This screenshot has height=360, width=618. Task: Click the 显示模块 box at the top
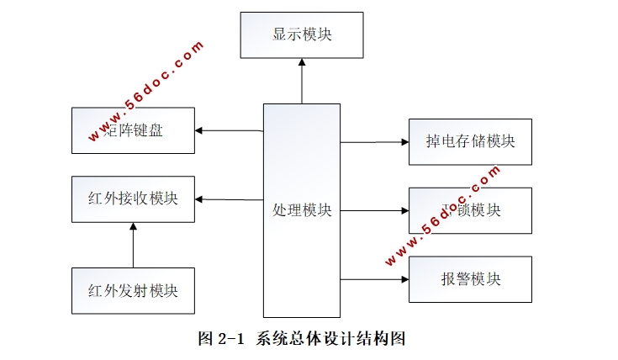click(x=302, y=35)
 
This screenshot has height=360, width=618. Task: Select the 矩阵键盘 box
click(x=133, y=130)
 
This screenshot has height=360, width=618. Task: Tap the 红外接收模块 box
click(x=133, y=199)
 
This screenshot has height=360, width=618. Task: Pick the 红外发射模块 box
click(x=133, y=291)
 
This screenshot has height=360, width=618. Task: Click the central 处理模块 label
click(x=302, y=209)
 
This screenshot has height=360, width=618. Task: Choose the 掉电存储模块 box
click(x=470, y=142)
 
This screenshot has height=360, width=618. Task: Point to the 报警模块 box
click(x=470, y=279)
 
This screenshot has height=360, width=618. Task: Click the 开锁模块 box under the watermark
click(x=470, y=210)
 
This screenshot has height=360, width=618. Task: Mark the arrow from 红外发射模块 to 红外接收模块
click(x=133, y=245)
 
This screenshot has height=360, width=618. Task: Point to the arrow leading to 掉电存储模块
click(x=374, y=142)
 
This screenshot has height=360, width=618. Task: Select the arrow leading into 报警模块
click(x=374, y=278)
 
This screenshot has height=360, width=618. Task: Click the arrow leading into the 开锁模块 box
click(x=374, y=210)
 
